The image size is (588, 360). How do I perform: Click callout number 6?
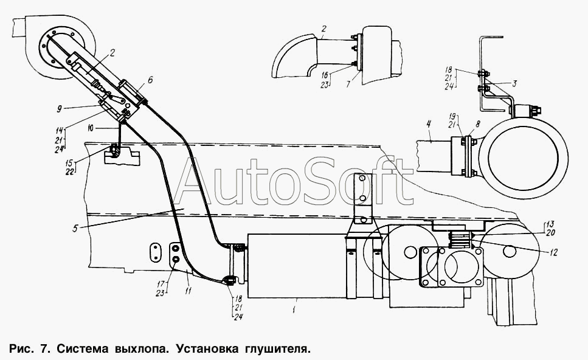pyautogui.click(x=150, y=80)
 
